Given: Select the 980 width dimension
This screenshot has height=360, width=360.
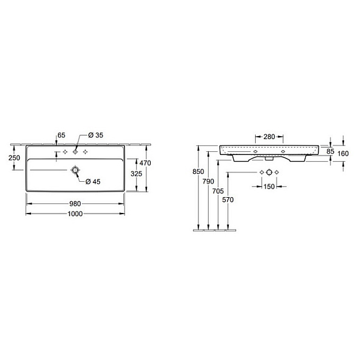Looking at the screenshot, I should [x=75, y=204].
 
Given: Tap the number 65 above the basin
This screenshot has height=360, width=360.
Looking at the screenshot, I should [x=61, y=134].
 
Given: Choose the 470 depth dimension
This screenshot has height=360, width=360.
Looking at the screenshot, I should [x=145, y=163].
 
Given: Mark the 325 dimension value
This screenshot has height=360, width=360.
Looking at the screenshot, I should [x=137, y=174].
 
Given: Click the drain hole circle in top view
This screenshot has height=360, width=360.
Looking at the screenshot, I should [x=76, y=170].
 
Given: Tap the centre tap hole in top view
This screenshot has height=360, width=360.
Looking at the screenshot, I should [x=76, y=151].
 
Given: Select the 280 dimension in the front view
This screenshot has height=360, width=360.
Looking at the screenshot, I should [x=269, y=137].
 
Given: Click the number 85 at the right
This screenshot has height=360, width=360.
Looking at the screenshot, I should [x=330, y=150].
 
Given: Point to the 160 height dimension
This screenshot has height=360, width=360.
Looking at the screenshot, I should [x=342, y=154].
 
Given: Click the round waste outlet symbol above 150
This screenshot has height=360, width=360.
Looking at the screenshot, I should [x=269, y=173].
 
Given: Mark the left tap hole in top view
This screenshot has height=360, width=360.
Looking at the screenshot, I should [x=65, y=151].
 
